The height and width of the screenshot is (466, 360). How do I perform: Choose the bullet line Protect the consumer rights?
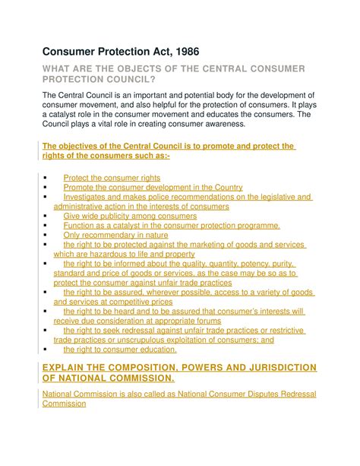pyautogui.click(x=112, y=177)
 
